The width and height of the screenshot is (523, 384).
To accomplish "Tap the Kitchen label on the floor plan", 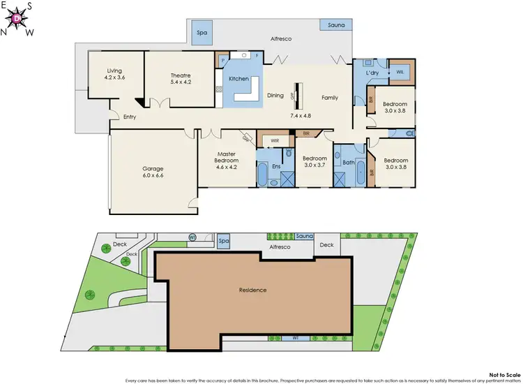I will tap(239, 79).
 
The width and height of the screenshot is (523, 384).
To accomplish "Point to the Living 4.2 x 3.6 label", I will tap(114, 74).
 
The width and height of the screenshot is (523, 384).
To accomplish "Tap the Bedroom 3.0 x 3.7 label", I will tap(314, 162).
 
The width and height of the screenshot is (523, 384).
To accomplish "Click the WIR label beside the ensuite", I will tap(275, 140).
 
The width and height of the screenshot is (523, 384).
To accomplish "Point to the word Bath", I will tap(349, 164).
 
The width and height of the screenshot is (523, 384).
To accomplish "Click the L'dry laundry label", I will tap(372, 73).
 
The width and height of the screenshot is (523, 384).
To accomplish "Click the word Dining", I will tap(275, 96).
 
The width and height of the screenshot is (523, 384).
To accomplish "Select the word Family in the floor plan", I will tap(330, 97).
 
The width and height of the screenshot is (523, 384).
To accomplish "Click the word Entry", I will tap(130, 117).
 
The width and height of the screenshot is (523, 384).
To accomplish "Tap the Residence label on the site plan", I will tap(253, 290).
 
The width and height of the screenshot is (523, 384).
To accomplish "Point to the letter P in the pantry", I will tap(222, 61).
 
